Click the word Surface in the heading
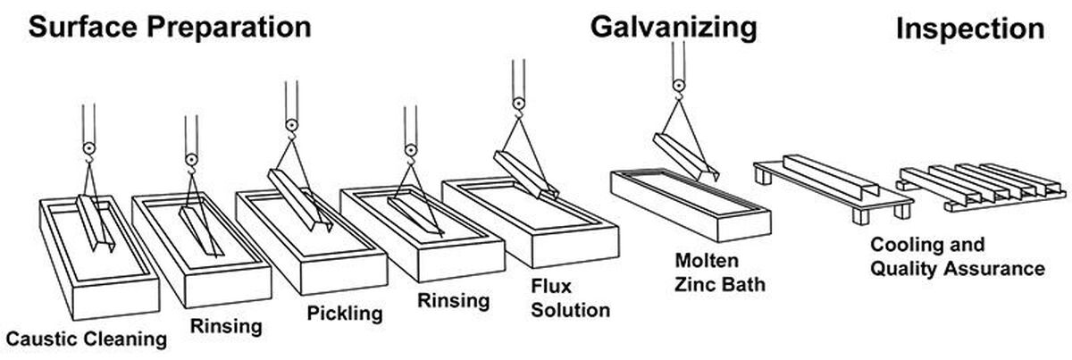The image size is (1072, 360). (x=83, y=28)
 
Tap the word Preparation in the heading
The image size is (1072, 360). (x=229, y=29)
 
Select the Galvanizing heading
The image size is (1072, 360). (x=674, y=28)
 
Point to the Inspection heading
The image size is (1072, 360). (x=970, y=29)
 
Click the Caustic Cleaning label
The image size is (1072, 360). (x=86, y=339)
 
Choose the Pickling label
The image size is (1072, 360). (x=345, y=314)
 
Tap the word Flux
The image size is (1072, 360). (x=551, y=286)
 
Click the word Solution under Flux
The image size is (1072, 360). (x=571, y=310)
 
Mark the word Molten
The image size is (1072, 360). (x=707, y=261)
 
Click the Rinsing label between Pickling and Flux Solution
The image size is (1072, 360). (x=454, y=301)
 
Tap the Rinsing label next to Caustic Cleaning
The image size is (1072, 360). (x=226, y=326)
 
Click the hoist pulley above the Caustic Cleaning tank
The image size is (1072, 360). (x=89, y=148)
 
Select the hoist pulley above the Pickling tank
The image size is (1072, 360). (x=291, y=125)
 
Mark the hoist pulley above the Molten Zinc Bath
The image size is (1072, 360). (x=679, y=86)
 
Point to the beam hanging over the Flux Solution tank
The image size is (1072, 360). (x=526, y=175)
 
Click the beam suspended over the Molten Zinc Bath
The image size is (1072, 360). (x=686, y=156)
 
